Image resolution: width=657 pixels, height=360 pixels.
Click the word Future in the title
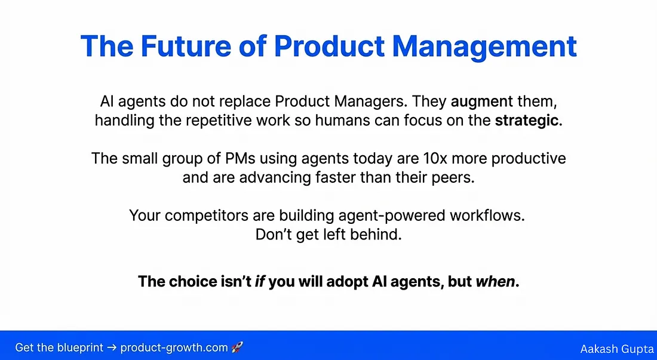186,45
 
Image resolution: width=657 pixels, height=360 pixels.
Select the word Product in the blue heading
329,45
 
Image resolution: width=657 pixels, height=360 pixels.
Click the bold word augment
481,101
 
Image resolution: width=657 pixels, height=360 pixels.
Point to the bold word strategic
527,121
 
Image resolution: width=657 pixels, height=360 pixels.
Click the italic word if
260,281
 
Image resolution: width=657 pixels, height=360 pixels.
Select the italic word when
496,281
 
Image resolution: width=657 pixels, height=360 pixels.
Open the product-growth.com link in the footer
174,348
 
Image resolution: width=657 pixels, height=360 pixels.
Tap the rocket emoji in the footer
237,347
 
